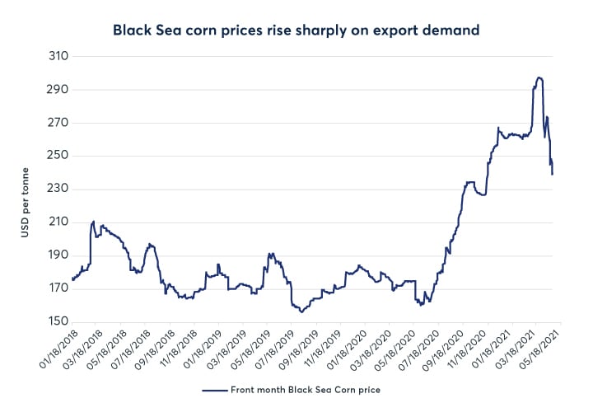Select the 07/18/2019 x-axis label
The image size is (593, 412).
pyautogui.click(x=272, y=351)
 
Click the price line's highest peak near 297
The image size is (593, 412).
pyautogui.click(x=539, y=77)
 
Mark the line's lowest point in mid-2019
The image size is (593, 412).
pyautogui.click(x=301, y=311)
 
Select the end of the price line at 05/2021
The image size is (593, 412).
pyautogui.click(x=552, y=174)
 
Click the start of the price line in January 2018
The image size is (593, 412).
pyautogui.click(x=72, y=280)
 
